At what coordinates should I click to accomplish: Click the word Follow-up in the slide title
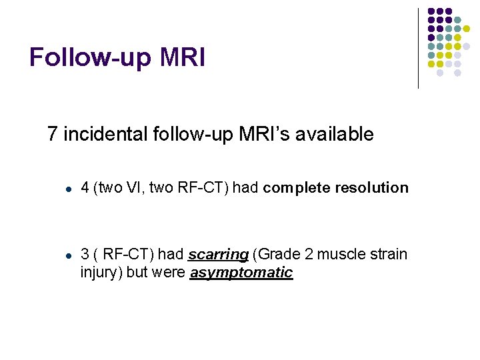[x=91, y=57]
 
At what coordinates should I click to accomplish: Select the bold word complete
[x=296, y=188]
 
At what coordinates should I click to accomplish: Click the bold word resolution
[x=371, y=188]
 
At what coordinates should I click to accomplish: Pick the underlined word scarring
[x=218, y=255]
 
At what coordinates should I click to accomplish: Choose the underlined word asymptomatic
[x=241, y=273]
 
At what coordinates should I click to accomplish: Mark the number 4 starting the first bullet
[x=85, y=188]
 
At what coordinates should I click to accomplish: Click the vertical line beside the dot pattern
[x=418, y=48]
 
